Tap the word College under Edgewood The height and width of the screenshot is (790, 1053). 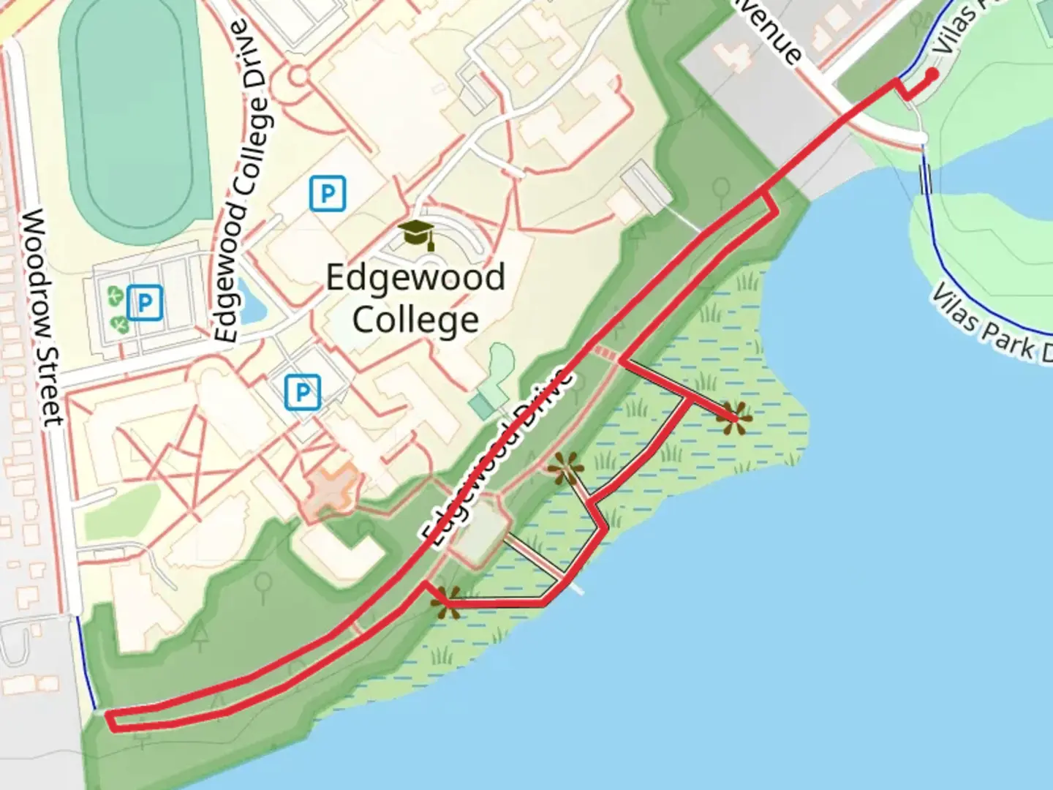(415, 320)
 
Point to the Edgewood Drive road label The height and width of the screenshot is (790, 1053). (497, 456)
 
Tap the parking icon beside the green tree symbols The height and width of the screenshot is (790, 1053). (144, 302)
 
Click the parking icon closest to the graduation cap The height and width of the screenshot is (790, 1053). (327, 194)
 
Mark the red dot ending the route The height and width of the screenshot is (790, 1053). (932, 74)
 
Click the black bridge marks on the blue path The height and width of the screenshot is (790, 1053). (925, 179)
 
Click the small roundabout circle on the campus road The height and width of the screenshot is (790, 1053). (298, 75)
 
